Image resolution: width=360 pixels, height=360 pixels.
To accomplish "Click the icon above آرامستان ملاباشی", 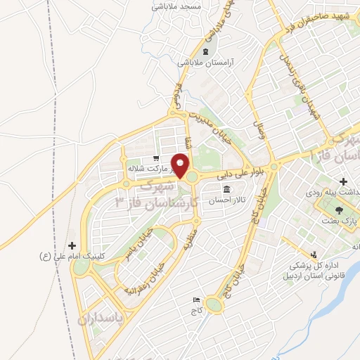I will pos(205,52).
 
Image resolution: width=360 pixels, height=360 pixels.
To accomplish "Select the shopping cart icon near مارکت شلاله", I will pos(156,158).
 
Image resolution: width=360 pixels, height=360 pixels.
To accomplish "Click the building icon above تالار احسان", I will pos(227,189).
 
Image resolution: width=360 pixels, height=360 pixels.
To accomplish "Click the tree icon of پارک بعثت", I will pos(339,209).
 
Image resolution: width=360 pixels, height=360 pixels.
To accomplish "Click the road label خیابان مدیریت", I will pos(211,123).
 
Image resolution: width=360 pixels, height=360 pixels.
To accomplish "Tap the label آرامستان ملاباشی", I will pos(203,63).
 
